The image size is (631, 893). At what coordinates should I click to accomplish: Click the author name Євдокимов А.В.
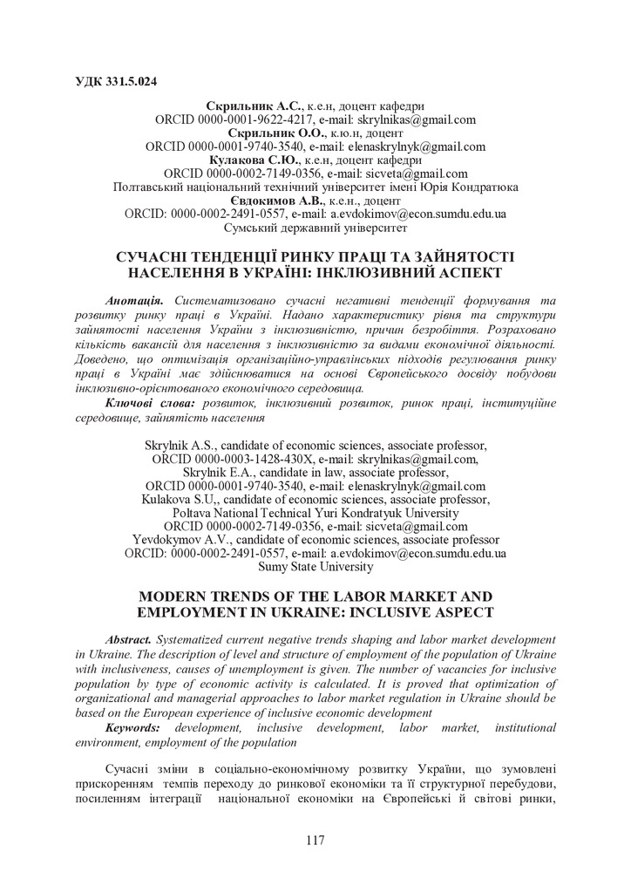[258, 200]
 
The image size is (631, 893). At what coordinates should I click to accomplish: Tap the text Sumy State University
[315, 566]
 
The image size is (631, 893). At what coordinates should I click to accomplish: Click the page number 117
[315, 840]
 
